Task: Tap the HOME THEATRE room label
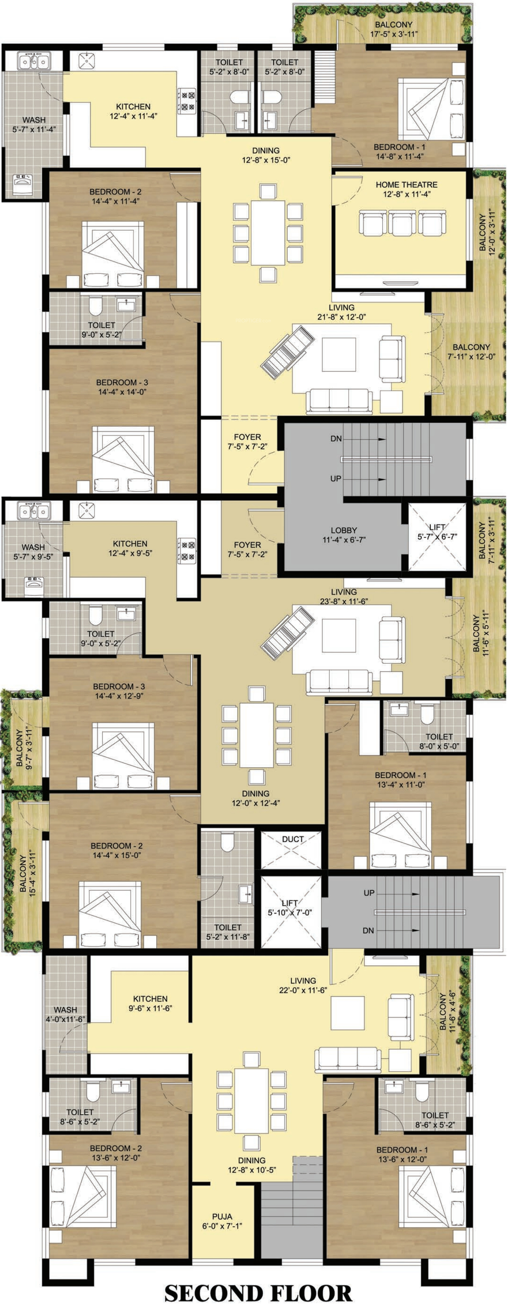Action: coord(406,185)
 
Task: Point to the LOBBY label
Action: coord(344,531)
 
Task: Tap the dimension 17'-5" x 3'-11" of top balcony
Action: coord(394,34)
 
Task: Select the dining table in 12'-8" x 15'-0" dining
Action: coord(268,233)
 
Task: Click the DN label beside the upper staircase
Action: coord(336,439)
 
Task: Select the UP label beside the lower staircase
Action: coord(369,893)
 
